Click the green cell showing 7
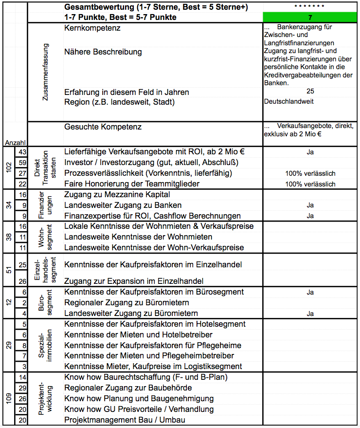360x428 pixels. pos(310,17)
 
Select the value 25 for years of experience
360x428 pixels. pos(310,92)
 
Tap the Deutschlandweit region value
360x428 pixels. pos(288,102)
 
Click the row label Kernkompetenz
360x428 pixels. pos(92,28)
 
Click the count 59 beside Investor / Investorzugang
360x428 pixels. pos(22,163)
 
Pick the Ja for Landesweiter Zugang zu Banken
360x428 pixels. pos(310,205)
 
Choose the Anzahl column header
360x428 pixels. pos(15,143)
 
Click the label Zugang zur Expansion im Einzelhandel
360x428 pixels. pos(134,281)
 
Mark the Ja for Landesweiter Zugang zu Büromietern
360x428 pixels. pos(310,314)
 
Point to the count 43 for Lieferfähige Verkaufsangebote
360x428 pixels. pos(22,152)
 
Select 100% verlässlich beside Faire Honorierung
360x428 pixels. pos(310,184)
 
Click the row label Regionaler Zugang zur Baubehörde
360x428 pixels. pos(128,388)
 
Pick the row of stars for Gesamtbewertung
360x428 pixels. pos(310,6)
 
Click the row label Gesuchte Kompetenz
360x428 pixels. pos(103,127)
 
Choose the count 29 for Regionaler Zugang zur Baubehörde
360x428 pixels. pos(22,388)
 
